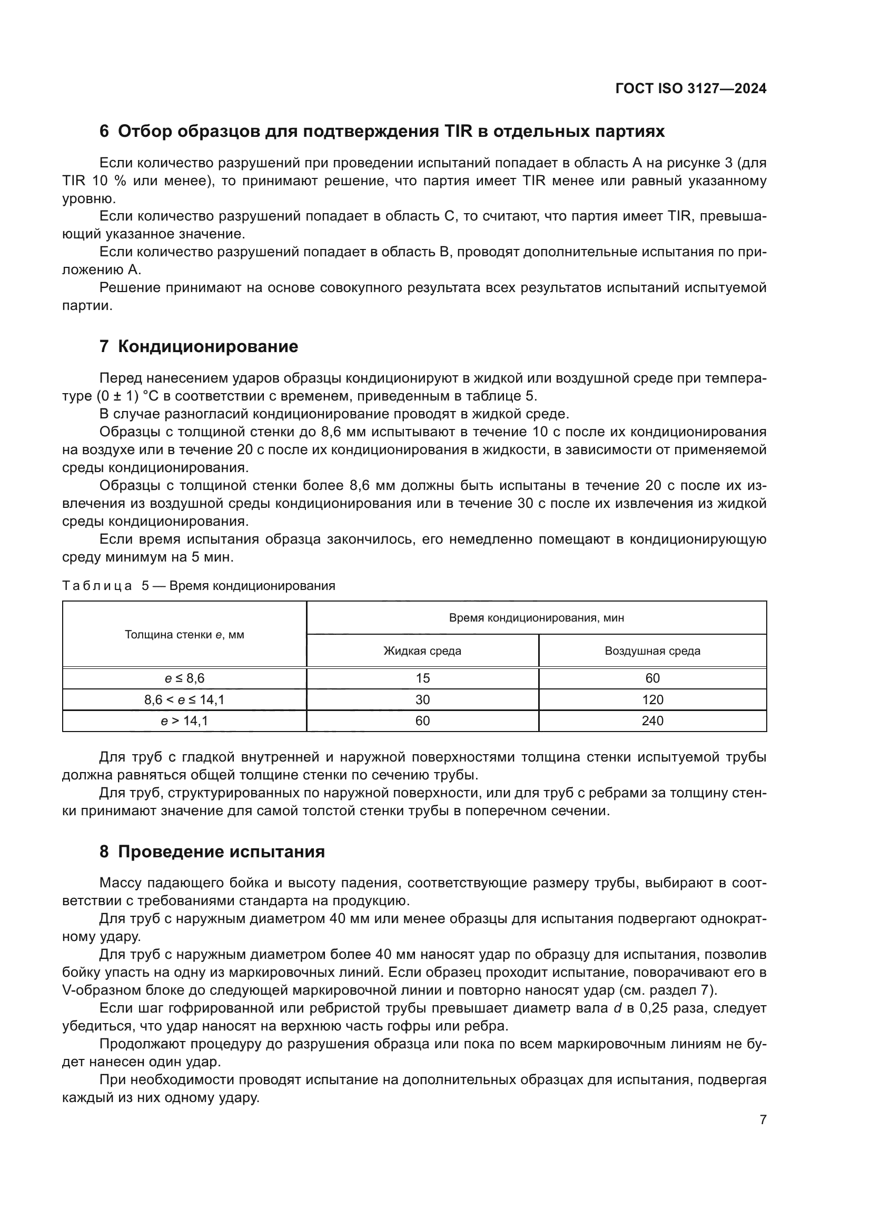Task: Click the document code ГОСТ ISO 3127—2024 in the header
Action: click(691, 88)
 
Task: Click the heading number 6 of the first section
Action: click(104, 132)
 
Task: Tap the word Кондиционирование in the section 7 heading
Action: click(208, 347)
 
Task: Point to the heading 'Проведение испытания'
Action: click(221, 852)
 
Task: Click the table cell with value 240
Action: click(652, 721)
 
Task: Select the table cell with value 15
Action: click(423, 678)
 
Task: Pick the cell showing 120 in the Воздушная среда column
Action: click(652, 699)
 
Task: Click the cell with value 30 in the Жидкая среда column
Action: click(423, 699)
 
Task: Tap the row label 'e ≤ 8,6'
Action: click(184, 678)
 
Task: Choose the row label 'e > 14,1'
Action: click(184, 721)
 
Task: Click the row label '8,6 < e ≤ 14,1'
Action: click(184, 699)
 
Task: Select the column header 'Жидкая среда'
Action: click(423, 651)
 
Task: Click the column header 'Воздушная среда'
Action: click(652, 651)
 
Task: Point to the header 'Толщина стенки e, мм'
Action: click(184, 635)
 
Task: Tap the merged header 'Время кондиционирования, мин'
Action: click(536, 618)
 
